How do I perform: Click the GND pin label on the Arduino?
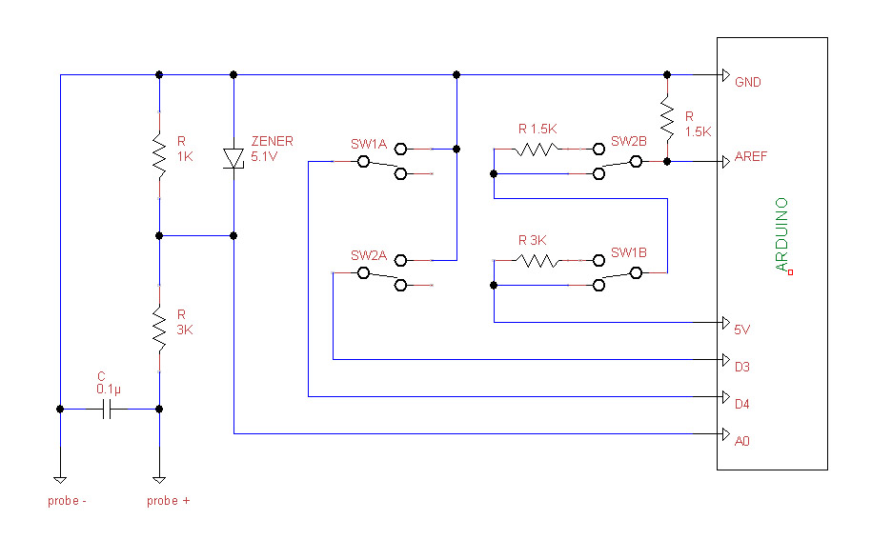point(747,83)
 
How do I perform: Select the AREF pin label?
point(750,157)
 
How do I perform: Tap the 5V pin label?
point(742,330)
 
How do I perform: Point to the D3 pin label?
point(742,367)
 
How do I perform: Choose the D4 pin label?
point(742,404)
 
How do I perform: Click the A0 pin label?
point(742,441)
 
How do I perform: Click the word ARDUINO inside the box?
point(782,234)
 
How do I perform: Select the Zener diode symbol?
point(233,158)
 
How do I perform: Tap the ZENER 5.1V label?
point(272,149)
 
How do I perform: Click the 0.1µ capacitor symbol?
point(109,409)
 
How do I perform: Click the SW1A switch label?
point(368,145)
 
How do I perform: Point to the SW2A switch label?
point(368,255)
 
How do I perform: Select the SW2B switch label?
point(629,141)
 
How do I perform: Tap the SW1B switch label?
point(629,252)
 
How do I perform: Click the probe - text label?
point(68,500)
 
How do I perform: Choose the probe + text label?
point(168,500)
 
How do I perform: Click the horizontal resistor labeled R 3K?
point(536,260)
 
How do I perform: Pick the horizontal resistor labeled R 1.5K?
point(536,149)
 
